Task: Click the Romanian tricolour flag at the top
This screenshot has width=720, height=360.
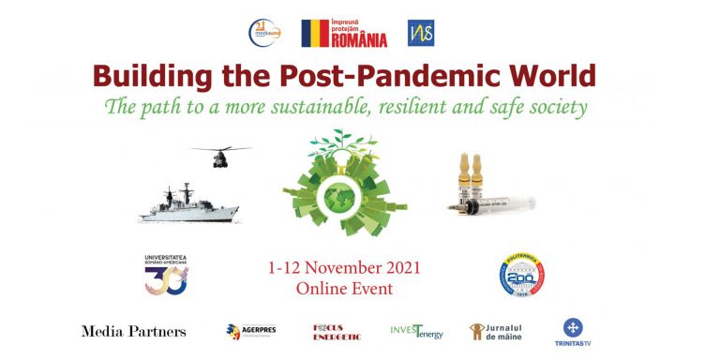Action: point(315,33)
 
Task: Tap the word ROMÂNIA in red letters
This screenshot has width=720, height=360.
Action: point(359,38)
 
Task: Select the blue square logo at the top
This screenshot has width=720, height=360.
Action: point(421,33)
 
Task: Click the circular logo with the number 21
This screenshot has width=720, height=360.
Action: point(263,33)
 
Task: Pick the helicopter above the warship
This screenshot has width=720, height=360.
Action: point(220,155)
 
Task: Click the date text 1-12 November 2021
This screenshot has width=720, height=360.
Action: point(356,268)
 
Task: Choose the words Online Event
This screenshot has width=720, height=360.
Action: point(356,289)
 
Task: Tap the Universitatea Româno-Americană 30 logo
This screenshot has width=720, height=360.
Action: point(166,274)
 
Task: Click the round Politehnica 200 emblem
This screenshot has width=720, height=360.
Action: point(522,277)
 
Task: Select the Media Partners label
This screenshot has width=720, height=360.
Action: point(133,331)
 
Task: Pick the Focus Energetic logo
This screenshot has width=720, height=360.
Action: point(337,331)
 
